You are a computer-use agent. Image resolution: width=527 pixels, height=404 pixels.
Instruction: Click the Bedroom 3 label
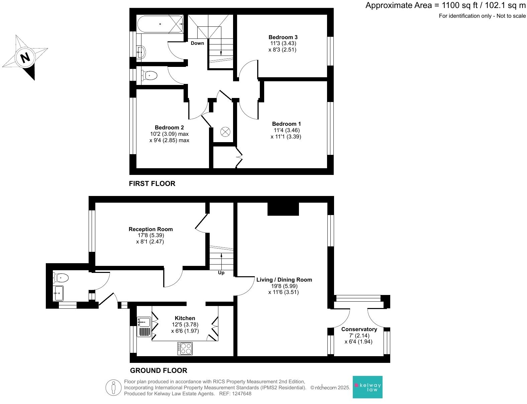tap(283, 37)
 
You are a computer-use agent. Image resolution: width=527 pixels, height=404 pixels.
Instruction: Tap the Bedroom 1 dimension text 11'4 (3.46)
tap(286, 130)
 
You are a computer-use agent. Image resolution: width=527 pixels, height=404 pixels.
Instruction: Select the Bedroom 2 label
tap(169, 127)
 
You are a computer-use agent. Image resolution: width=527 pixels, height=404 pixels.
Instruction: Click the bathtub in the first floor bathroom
tap(160, 24)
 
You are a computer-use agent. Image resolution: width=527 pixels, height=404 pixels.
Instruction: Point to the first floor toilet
tap(149, 76)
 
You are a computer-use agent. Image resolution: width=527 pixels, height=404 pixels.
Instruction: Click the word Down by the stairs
tap(197, 43)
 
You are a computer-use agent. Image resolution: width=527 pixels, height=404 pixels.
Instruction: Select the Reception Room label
tap(150, 229)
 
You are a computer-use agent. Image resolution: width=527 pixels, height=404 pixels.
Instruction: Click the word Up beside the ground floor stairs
tap(221, 273)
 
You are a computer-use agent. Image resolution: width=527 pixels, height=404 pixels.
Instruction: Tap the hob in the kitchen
tap(185, 348)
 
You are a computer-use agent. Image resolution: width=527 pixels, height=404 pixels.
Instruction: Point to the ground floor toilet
tap(61, 278)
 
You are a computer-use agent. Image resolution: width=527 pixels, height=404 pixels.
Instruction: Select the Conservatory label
tap(359, 329)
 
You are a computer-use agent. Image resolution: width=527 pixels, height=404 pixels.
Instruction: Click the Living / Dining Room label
tap(284, 280)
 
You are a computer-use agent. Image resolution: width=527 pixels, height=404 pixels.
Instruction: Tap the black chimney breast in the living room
tap(283, 209)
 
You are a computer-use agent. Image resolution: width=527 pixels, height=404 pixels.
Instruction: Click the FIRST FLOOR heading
tap(152, 184)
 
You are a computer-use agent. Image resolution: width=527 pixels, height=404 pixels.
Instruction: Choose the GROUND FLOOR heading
tap(158, 370)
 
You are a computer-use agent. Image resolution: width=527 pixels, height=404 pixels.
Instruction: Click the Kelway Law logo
tap(367, 387)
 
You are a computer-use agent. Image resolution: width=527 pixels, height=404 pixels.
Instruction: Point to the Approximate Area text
tap(445, 5)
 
